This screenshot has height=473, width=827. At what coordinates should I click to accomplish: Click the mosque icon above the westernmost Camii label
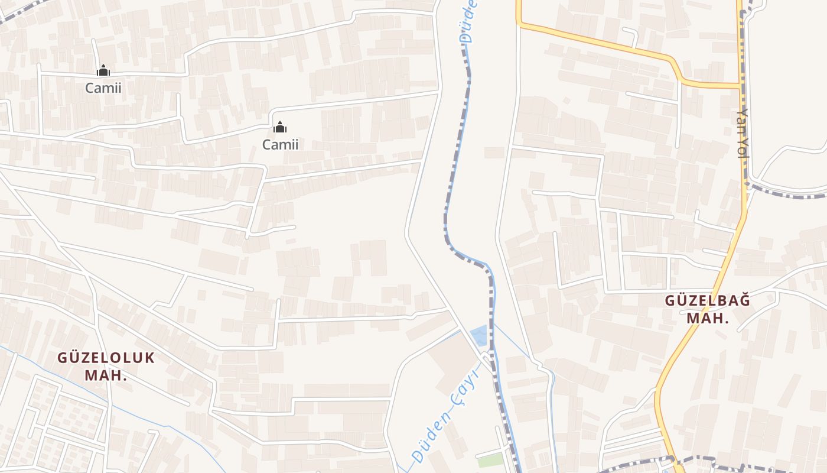103,71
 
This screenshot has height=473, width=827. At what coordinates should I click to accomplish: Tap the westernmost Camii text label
103,88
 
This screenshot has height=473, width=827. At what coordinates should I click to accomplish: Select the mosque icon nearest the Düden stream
280,127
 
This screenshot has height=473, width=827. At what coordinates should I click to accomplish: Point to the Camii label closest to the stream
280,144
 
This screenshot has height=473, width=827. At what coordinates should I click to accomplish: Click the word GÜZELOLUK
106,358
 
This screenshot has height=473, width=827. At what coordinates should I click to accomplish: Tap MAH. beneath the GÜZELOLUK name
106,375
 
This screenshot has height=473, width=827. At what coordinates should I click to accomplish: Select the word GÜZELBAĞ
708,300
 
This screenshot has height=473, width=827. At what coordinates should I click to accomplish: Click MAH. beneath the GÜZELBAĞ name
708,318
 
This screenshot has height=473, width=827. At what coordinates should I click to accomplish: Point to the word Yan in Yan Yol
743,121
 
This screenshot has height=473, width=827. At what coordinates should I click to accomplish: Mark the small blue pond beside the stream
479,335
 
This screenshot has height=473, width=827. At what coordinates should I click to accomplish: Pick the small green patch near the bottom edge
490,460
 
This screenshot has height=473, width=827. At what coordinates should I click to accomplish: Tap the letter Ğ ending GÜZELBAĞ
744,300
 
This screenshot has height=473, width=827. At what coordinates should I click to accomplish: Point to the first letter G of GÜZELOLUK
63,358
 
